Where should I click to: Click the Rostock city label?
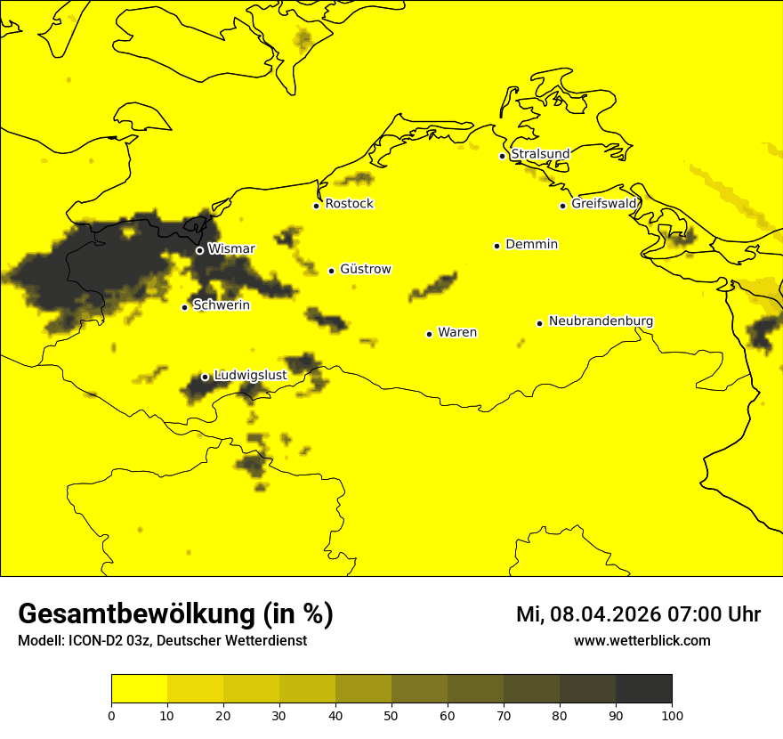pos(349,204)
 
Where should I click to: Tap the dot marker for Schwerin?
pos(184,307)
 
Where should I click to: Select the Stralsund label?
pos(540,154)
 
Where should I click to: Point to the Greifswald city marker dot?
pos(562,206)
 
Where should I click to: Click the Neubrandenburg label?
pos(601,321)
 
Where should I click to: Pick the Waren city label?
pos(457,333)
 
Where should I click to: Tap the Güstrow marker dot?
pos(331,271)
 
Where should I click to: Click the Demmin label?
pos(531,244)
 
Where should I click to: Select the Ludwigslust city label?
pos(250,376)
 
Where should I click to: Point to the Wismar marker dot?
pos(199,250)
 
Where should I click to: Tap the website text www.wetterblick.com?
pos(642,641)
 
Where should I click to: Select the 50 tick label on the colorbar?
pos(391,715)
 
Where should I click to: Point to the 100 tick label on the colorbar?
pos(672,715)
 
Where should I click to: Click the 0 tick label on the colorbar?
pos(111,715)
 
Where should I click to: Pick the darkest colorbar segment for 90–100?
pos(643,689)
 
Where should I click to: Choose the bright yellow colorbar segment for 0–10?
pos(139,689)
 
